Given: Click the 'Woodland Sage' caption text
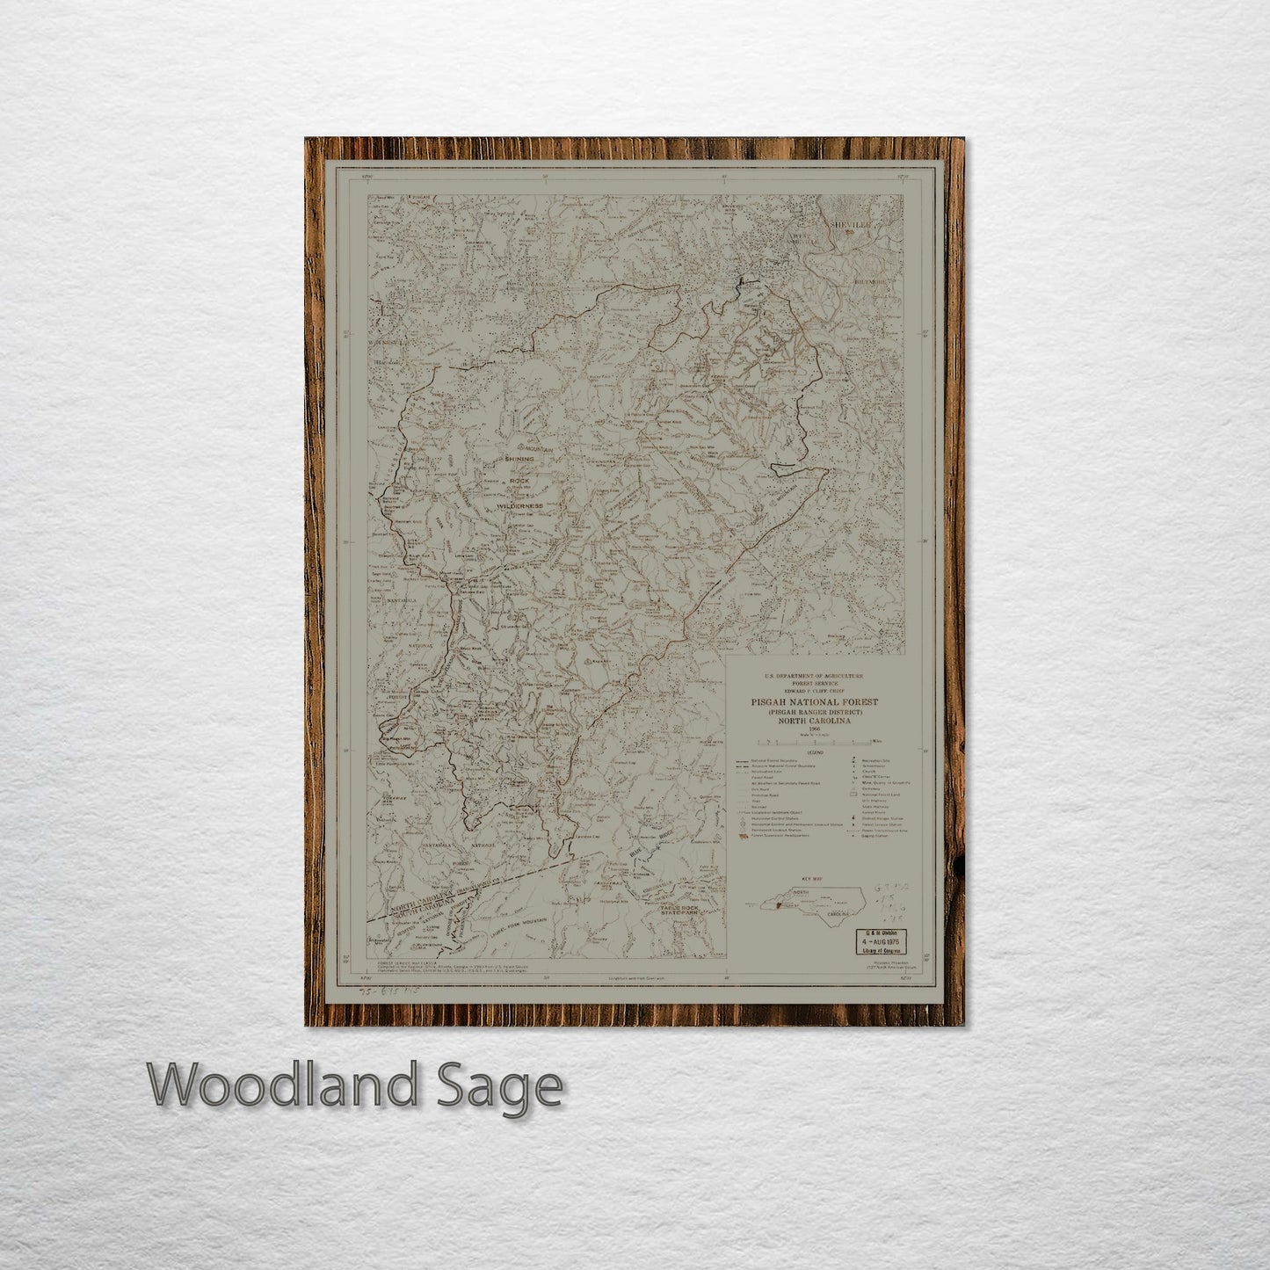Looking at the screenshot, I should [355, 1086].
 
